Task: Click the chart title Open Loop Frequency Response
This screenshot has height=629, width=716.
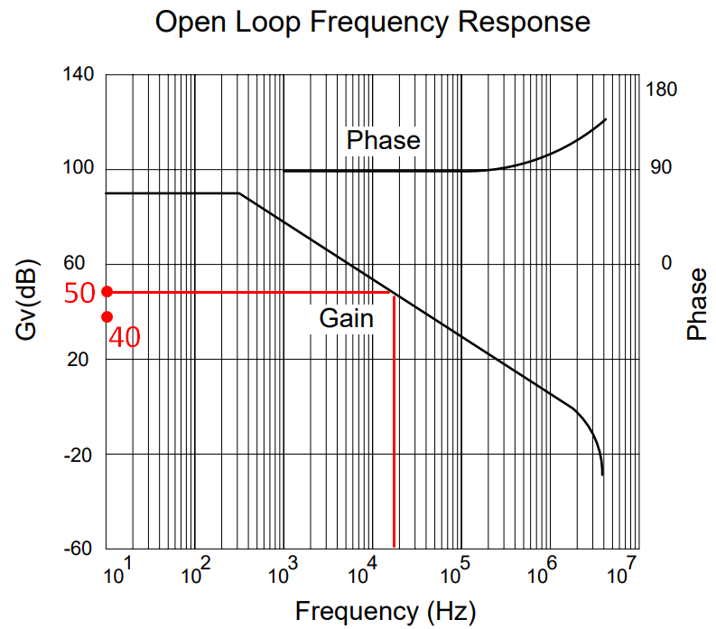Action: coord(373,22)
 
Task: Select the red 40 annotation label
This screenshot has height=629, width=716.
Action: coord(125,338)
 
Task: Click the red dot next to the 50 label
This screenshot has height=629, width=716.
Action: coord(107,292)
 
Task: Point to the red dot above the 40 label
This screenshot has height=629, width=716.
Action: coord(107,316)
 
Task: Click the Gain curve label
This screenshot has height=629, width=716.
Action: coord(346,318)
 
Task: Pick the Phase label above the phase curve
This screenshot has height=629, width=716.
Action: coord(384,140)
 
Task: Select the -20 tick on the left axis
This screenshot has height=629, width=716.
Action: coord(79,454)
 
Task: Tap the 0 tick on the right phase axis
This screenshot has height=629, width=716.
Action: coord(667,263)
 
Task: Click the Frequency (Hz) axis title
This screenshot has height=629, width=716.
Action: coord(385,611)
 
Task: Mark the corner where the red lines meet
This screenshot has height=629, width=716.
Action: coord(394,292)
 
